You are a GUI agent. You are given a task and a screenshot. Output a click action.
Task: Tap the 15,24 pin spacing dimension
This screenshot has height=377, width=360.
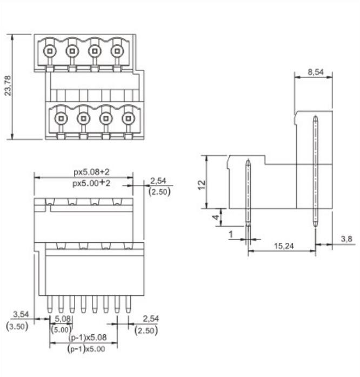[x=283, y=246]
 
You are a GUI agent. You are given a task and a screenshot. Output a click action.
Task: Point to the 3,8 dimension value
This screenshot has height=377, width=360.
[x=346, y=239]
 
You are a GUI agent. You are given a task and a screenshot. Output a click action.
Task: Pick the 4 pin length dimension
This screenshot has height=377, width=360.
[x=216, y=217]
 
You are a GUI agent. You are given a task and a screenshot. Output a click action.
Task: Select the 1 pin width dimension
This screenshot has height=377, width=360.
[x=231, y=234]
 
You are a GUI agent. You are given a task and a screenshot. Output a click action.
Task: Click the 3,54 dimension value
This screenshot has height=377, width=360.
[x=21, y=314]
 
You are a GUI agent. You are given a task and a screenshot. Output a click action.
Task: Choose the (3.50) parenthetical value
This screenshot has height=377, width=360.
[x=17, y=326]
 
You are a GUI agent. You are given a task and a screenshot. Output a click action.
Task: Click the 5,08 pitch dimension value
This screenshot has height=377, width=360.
[x=64, y=319]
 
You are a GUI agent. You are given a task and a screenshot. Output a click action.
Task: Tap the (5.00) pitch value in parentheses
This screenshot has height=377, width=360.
[x=61, y=329]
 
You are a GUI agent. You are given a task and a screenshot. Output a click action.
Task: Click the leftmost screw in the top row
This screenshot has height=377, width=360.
[x=49, y=51]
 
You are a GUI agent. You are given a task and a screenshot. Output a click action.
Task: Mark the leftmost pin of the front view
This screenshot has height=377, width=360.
[x=50, y=304]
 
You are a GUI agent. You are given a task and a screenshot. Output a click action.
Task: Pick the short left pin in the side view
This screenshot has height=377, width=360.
[x=248, y=192]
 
